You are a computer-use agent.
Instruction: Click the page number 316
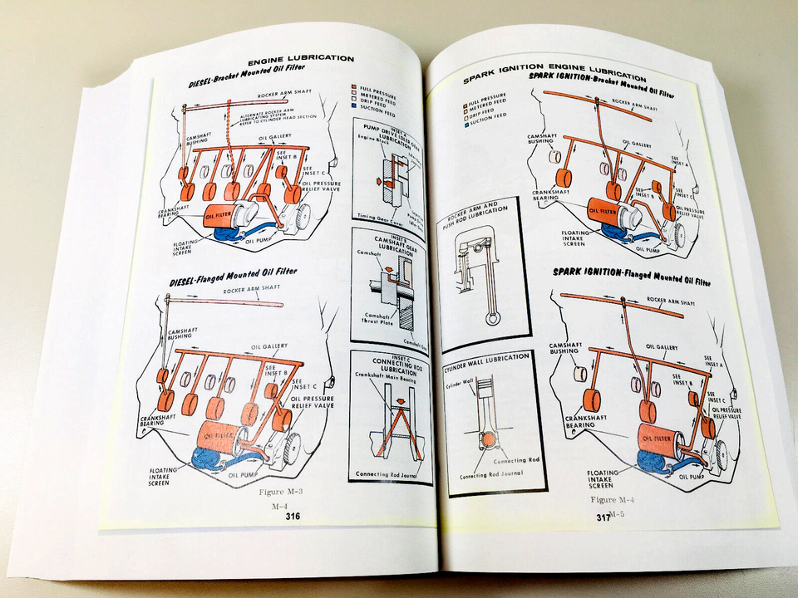pyautogui.click(x=292, y=516)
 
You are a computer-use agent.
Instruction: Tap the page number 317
pyautogui.click(x=603, y=517)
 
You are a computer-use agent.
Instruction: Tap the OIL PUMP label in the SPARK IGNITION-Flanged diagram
pyautogui.click(x=692, y=476)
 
